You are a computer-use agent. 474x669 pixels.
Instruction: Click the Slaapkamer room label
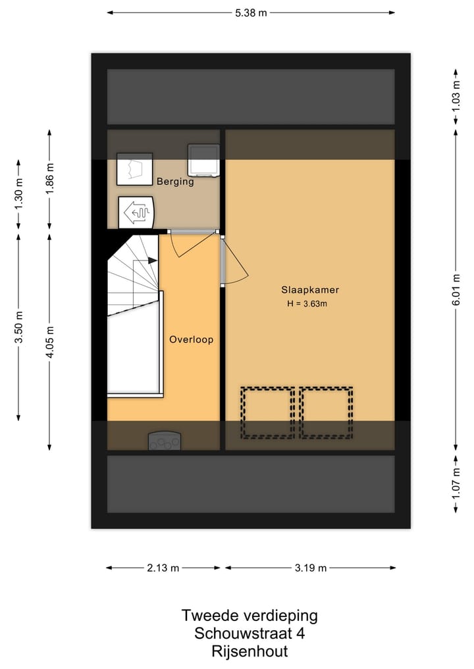pos(310,289)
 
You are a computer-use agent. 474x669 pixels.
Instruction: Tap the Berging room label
pos(175,182)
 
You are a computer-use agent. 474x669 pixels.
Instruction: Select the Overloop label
pos(191,340)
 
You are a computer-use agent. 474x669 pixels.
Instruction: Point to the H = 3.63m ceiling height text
pos(307,303)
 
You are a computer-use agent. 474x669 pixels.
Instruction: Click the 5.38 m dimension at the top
pos(251,12)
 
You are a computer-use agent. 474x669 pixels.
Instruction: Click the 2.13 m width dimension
pos(163,568)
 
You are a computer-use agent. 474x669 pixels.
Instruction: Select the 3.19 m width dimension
pos(310,568)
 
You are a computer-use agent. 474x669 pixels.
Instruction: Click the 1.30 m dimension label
pos(18,194)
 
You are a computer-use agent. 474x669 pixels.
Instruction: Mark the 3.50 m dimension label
pos(18,326)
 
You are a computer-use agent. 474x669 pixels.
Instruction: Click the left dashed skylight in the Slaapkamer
pos(267,412)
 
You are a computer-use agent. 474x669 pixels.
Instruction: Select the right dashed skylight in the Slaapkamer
pos(327,412)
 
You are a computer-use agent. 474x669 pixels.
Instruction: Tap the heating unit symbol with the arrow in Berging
pos(138,212)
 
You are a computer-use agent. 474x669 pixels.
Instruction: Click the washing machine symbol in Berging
pos(203,160)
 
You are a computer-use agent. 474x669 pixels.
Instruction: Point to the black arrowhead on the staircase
pos(153,260)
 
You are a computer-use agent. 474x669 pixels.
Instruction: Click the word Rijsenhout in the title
pos(250,651)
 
